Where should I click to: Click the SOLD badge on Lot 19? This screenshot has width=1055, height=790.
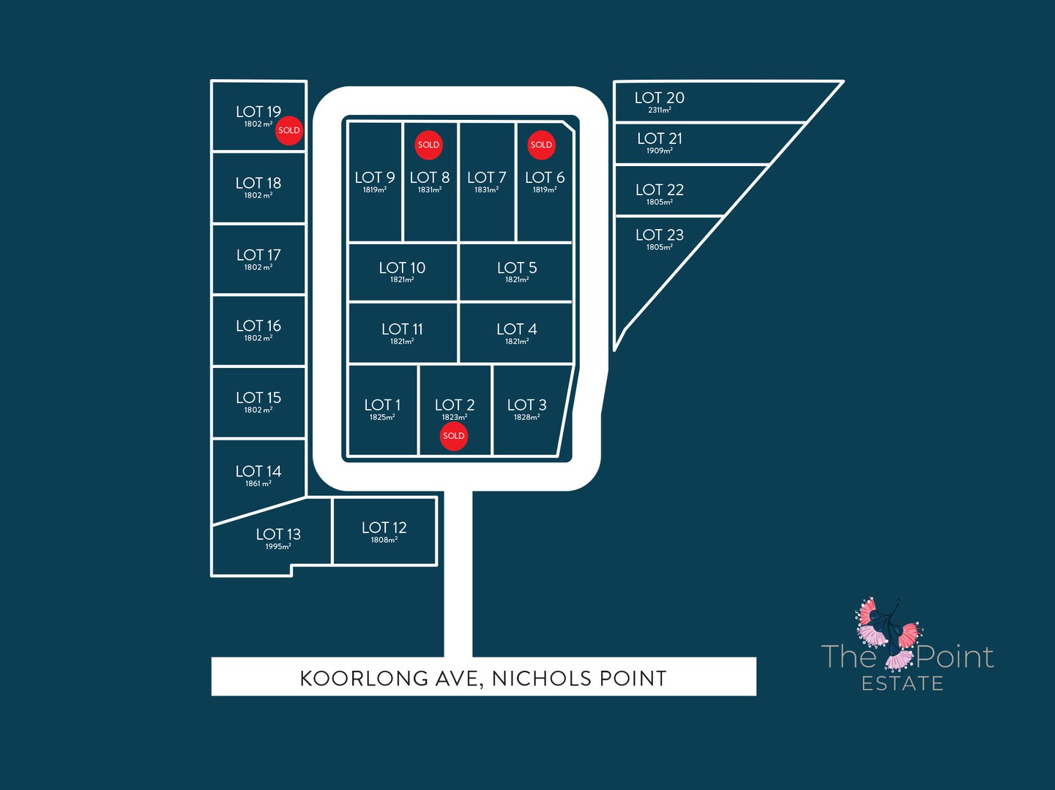[x=289, y=130]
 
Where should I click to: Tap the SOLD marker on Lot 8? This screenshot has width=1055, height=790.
[x=428, y=145]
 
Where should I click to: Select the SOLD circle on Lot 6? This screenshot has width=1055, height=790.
[x=541, y=145]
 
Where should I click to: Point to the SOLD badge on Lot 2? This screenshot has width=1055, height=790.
[x=454, y=436]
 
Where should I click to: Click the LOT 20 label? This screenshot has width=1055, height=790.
[x=660, y=98]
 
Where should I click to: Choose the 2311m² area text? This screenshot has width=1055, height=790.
[x=660, y=110]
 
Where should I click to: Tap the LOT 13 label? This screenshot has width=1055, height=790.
[x=278, y=535]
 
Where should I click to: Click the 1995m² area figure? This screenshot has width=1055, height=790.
[x=278, y=546]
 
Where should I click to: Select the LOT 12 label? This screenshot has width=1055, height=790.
[x=384, y=528]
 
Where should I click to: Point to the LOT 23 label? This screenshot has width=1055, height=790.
[x=660, y=235]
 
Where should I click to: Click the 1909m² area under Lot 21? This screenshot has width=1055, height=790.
[x=660, y=151]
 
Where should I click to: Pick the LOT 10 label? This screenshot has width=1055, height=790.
[x=402, y=268]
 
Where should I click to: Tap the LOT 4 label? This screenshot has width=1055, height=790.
[x=517, y=329]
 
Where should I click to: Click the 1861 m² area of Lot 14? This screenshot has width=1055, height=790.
[x=258, y=484]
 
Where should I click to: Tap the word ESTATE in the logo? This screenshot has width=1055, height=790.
[x=903, y=683]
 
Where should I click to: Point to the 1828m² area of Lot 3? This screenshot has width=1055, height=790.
[x=527, y=418]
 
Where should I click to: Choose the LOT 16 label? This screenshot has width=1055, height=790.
[x=258, y=326]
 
